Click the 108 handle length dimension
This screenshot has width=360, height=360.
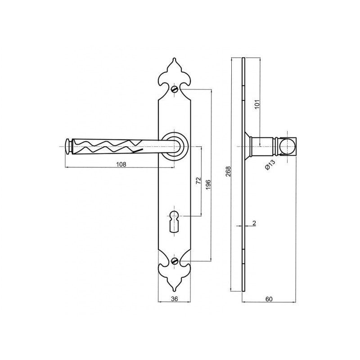(121, 164)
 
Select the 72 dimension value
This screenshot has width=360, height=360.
(198, 180)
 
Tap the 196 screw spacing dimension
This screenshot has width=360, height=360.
(208, 184)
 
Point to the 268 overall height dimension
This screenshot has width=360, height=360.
(228, 171)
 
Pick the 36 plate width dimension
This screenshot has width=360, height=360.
(175, 299)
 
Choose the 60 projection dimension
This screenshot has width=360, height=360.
(269, 299)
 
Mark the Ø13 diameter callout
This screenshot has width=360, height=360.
(270, 164)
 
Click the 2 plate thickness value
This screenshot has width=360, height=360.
(254, 223)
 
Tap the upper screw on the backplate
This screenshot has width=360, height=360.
(175, 89)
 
